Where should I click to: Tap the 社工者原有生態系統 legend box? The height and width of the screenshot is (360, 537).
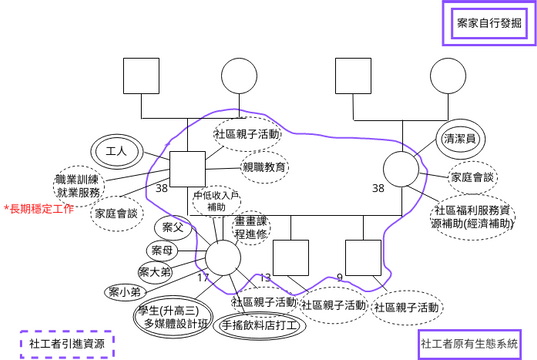click(470, 344)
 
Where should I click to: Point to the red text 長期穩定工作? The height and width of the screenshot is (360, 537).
click(39, 208)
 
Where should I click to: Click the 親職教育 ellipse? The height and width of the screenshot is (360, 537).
click(264, 166)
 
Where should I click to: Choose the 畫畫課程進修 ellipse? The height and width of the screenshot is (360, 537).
click(251, 227)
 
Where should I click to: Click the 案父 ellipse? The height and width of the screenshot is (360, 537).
click(173, 227)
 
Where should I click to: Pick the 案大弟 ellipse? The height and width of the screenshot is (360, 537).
click(154, 271)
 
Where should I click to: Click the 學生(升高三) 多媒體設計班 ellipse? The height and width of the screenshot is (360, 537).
click(175, 316)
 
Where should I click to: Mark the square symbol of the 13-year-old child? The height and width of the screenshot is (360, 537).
click(292, 257)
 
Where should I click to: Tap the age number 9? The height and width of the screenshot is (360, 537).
click(340, 277)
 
